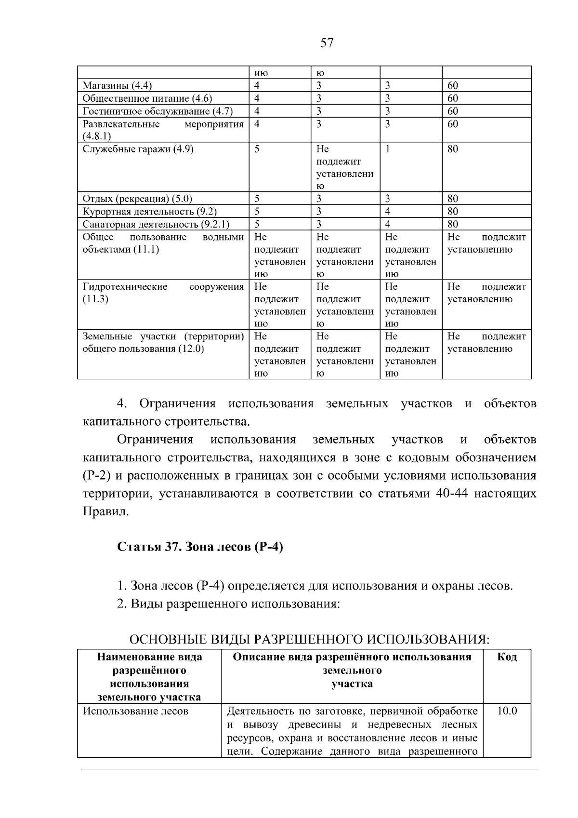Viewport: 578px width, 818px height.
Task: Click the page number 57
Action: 327,43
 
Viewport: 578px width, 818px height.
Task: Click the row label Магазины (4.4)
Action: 117,86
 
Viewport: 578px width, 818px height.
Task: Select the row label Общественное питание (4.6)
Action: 147,98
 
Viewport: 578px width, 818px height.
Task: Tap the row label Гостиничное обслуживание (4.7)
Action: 158,111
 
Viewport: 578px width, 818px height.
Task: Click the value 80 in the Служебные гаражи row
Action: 453,149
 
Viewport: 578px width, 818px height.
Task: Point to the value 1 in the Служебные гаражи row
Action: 388,149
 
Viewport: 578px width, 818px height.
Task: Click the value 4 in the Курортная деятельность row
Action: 388,211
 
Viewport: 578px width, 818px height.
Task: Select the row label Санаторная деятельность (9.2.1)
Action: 156,224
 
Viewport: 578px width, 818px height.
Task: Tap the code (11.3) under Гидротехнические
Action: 95,299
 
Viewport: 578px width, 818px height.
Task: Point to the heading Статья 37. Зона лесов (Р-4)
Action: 200,547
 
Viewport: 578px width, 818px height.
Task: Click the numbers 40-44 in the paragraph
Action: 451,494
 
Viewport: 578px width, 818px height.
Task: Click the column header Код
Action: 507,657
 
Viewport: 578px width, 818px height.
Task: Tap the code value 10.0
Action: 507,711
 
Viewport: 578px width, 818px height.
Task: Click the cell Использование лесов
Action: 135,711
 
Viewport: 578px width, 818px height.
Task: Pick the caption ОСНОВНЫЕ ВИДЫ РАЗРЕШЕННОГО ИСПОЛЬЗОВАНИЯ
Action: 309,640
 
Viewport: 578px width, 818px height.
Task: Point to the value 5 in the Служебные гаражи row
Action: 257,149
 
